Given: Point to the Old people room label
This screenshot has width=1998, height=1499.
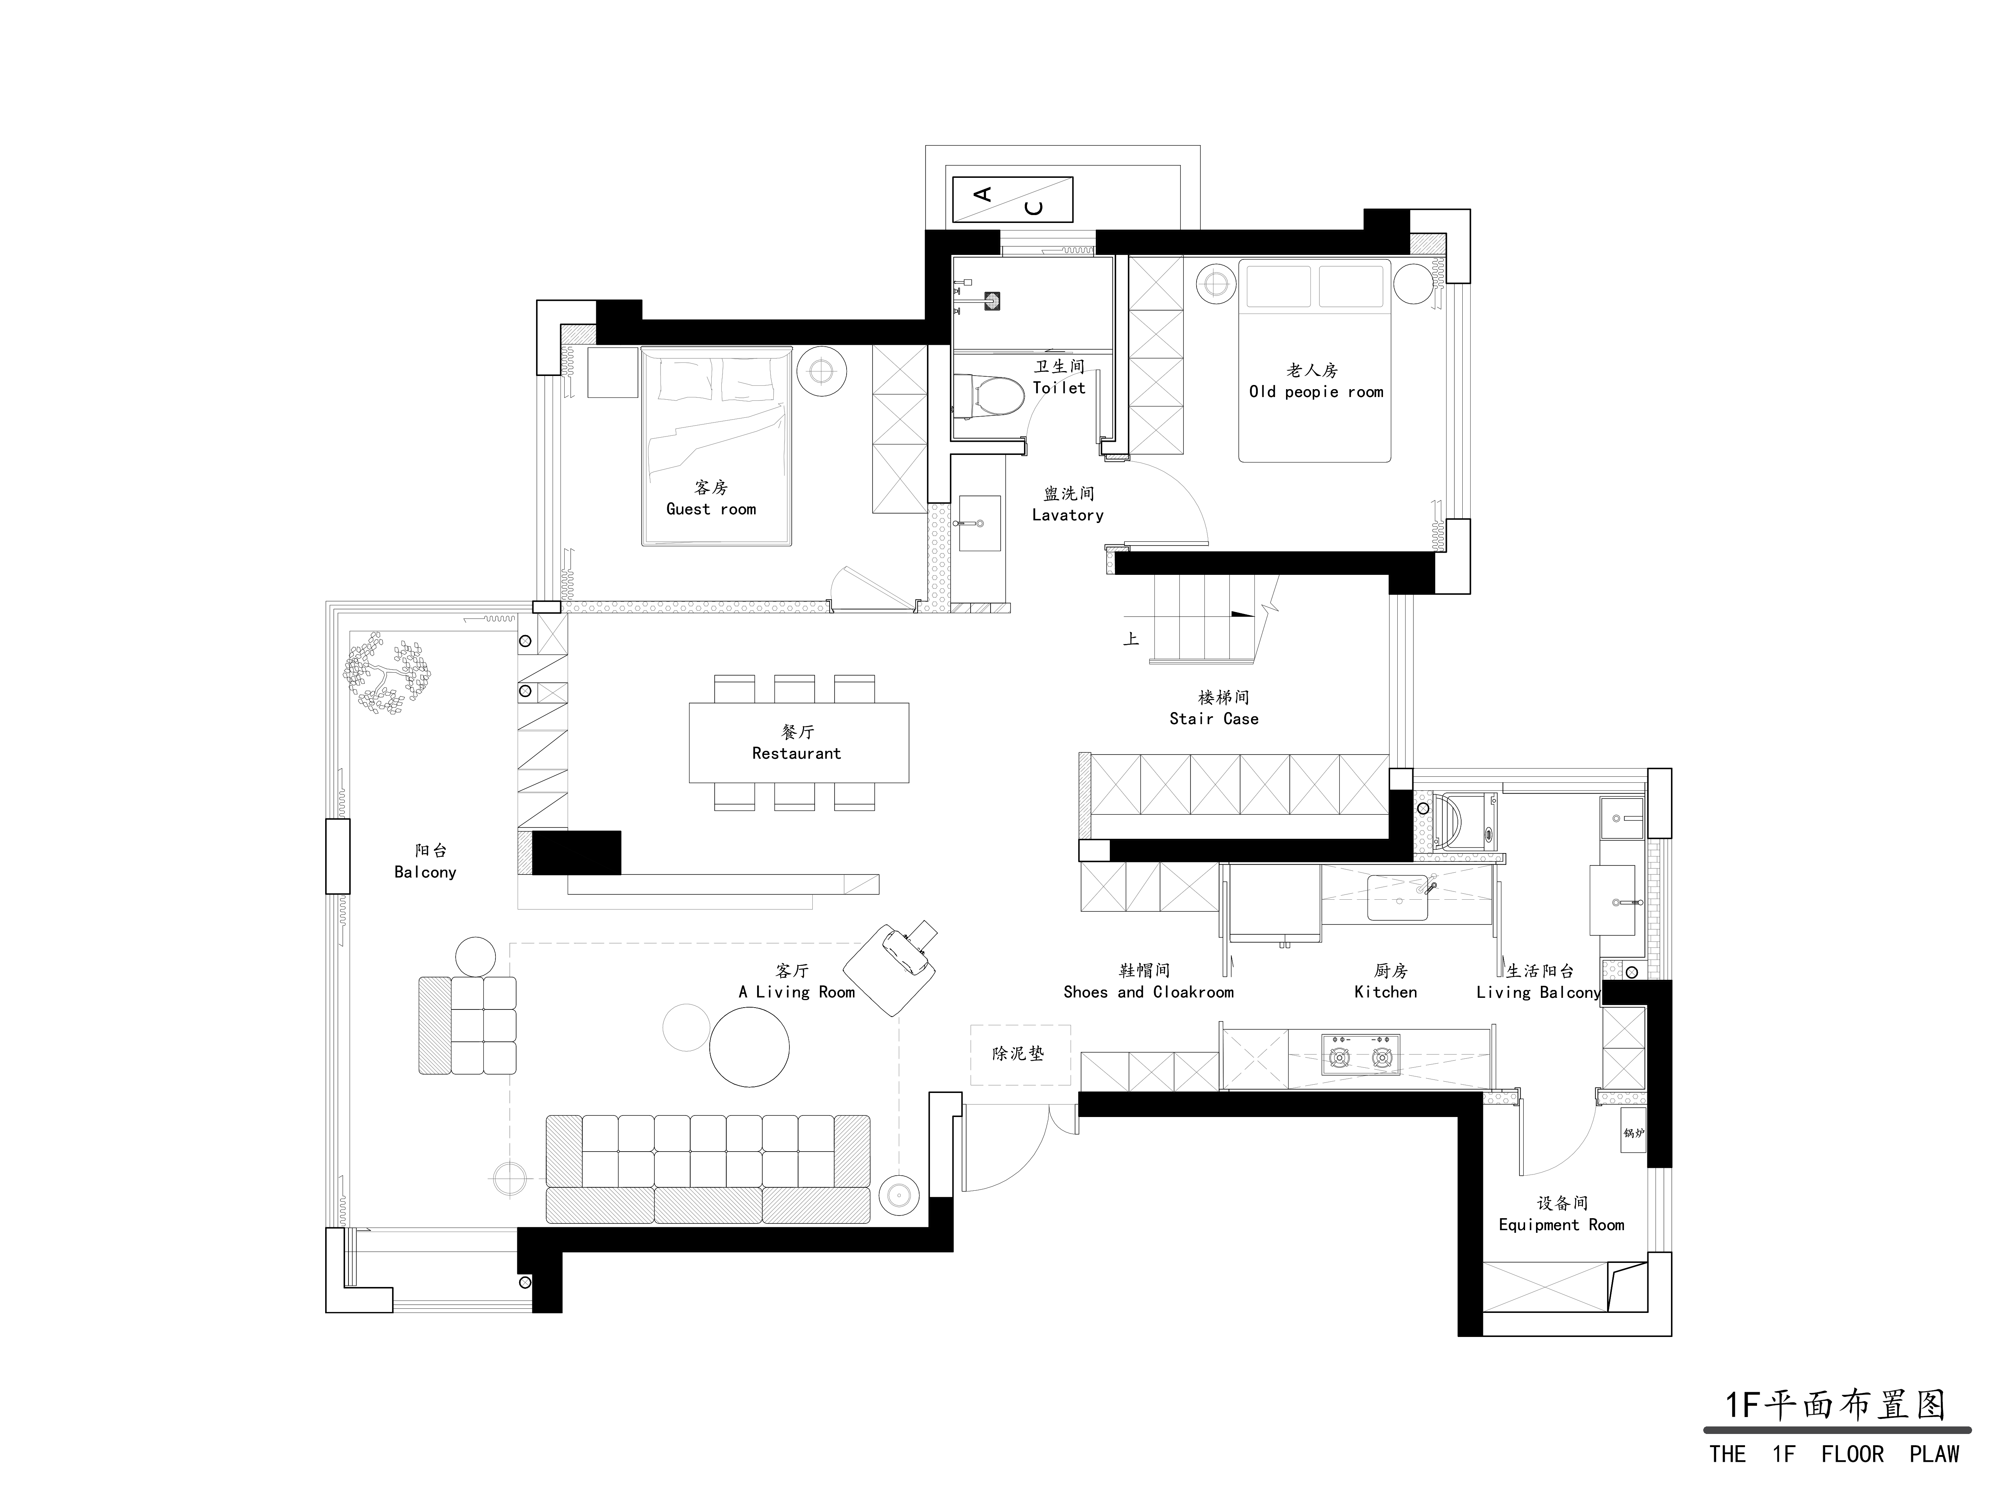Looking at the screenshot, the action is (1315, 381).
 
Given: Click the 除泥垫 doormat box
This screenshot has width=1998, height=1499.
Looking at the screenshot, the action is (1020, 1055).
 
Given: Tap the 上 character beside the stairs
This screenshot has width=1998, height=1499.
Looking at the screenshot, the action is (1131, 639).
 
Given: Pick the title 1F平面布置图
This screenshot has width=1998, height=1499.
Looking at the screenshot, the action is (1835, 1405).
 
